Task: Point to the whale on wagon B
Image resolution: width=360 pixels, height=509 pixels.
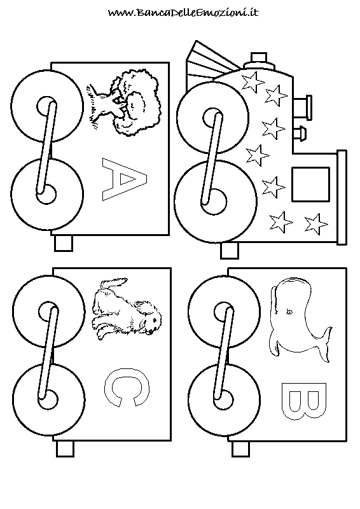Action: (x=299, y=320)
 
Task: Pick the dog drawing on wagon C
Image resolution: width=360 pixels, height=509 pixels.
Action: (x=127, y=309)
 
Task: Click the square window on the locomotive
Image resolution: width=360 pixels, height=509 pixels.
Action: (x=310, y=185)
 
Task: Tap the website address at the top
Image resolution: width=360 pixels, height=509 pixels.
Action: (x=183, y=13)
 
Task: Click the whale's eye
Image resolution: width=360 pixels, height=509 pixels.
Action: (x=288, y=312)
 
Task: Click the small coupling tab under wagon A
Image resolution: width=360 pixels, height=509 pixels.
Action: (x=64, y=243)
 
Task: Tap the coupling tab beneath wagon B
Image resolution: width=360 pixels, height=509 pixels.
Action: (x=240, y=449)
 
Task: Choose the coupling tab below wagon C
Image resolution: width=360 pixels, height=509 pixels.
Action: (x=65, y=449)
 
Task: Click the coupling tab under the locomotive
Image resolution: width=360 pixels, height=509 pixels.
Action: (x=230, y=251)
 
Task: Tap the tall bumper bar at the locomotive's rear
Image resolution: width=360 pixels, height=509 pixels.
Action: (x=342, y=197)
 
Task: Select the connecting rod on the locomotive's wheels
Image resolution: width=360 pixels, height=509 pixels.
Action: (x=212, y=159)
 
